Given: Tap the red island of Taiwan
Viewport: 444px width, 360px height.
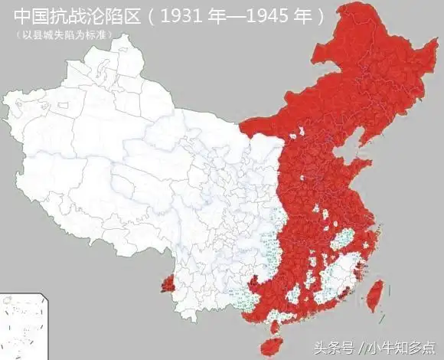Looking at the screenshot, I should coord(374,295).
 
